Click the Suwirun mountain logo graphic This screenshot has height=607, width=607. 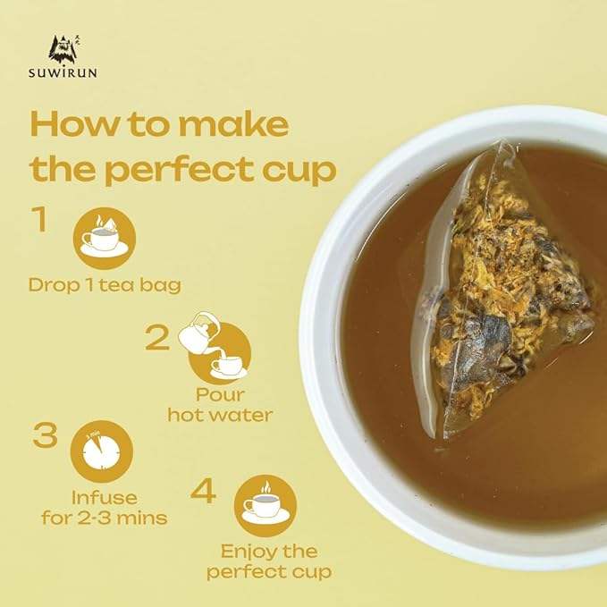[x=64, y=49]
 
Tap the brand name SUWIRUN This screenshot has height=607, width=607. [x=63, y=72]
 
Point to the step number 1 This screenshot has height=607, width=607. [x=40, y=219]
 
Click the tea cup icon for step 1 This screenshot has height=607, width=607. [x=104, y=239]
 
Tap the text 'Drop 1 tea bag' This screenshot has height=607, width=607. [x=105, y=285]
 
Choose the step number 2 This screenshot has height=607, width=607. [x=157, y=338]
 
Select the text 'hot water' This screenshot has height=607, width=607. [x=220, y=415]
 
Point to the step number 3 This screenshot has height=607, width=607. [x=45, y=435]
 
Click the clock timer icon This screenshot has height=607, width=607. [x=101, y=451]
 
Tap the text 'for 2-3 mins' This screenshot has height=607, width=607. [x=104, y=518]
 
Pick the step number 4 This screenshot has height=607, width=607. [x=203, y=491]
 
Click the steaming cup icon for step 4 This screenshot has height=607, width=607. [x=266, y=506]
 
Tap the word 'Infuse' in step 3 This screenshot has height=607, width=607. [x=105, y=497]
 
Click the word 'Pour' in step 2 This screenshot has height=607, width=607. [x=220, y=394]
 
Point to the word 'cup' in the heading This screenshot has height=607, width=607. [x=299, y=171]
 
